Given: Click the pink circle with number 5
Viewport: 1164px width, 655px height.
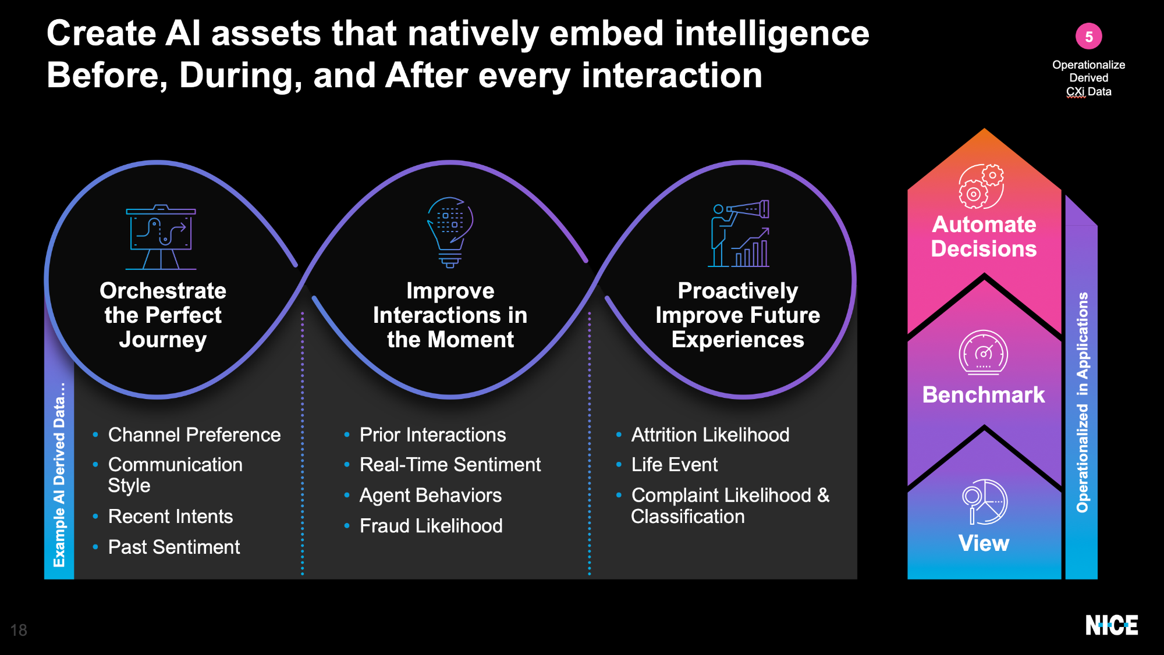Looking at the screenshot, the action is click(1088, 36).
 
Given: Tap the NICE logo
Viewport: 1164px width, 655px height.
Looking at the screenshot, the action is click(1112, 625).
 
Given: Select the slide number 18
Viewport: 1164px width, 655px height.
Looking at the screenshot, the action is click(19, 630).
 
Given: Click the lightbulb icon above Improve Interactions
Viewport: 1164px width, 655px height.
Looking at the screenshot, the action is click(450, 232).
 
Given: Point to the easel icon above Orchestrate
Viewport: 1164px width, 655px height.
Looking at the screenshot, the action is click(161, 237).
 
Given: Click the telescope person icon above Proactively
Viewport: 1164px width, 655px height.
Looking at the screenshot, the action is click(739, 234).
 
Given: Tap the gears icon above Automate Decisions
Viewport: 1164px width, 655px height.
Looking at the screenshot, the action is click(981, 186).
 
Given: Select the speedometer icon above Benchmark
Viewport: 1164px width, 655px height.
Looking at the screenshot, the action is click(984, 353).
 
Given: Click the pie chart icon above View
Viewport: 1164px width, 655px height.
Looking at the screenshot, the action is click(984, 502).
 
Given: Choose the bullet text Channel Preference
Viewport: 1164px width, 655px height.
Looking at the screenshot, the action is click(194, 435).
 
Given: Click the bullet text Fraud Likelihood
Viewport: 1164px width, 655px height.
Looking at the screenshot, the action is click(431, 526).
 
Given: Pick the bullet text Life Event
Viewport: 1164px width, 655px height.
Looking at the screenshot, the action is click(675, 465).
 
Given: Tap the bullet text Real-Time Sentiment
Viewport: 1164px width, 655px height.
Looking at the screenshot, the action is click(450, 465).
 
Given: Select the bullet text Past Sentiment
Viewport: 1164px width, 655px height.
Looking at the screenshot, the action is click(174, 547).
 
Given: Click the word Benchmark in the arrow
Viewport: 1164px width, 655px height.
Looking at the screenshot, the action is click(984, 394).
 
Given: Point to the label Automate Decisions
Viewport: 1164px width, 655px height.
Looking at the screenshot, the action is click(984, 236).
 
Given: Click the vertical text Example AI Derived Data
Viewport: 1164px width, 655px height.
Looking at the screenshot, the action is click(59, 475).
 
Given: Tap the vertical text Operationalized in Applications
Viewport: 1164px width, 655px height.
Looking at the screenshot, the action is click(1083, 403).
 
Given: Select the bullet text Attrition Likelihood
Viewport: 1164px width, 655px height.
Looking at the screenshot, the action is click(711, 435).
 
